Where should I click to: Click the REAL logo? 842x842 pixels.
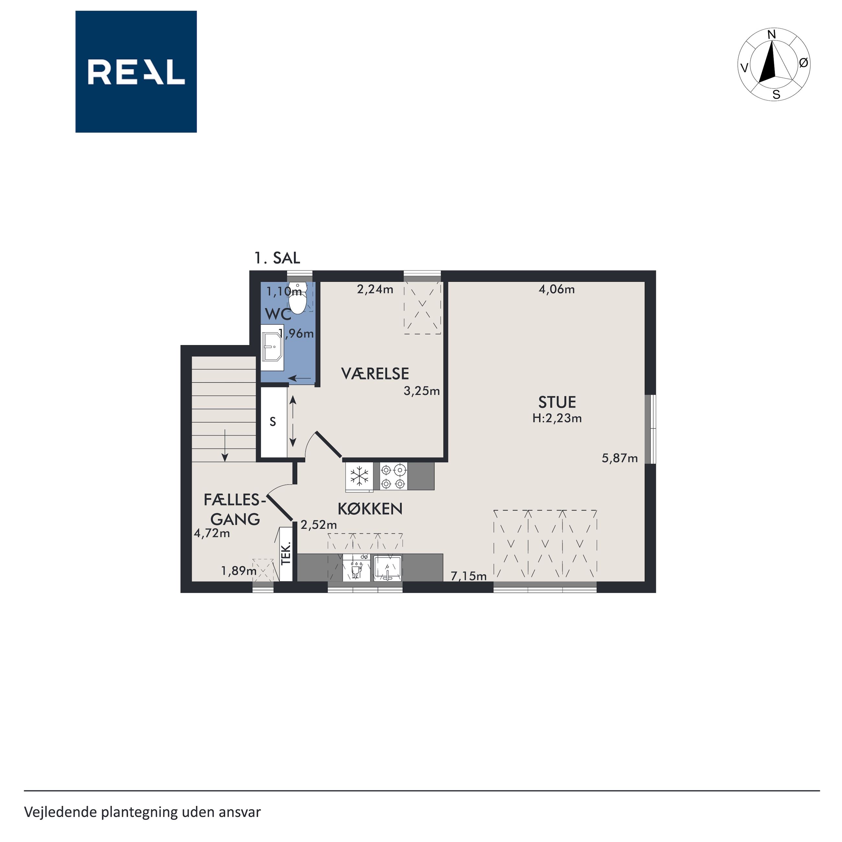click(136, 72)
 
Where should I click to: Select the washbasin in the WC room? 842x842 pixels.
click(272, 347)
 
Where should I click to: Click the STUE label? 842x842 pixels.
click(557, 402)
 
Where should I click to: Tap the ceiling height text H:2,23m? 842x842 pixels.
click(557, 418)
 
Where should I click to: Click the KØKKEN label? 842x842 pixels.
click(370, 508)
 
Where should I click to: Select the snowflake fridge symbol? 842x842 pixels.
click(359, 476)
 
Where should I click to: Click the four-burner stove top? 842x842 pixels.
click(393, 476)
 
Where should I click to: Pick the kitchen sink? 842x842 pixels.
click(387, 568)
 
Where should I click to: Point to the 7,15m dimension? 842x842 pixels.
click(469, 576)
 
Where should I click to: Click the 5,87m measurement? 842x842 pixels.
click(620, 458)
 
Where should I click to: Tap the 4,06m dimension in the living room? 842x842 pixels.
click(557, 289)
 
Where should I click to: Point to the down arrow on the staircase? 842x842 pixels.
click(225, 445)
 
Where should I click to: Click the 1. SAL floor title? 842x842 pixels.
click(277, 258)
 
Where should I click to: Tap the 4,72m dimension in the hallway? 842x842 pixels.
click(212, 533)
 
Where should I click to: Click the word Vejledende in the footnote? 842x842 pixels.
click(61, 812)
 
